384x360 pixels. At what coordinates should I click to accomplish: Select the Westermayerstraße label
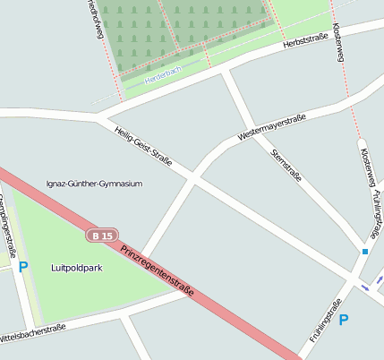pos(272,127)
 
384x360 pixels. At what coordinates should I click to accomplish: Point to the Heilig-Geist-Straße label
pos(143,146)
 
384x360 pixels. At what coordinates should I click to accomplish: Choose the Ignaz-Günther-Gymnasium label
pos(94,184)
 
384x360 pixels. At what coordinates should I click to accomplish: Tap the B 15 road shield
pos(101,236)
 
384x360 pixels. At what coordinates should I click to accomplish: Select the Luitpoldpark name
pos(73,267)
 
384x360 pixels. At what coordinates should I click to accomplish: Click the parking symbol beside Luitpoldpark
pos(23,266)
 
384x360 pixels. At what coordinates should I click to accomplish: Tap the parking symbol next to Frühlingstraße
pos(343,320)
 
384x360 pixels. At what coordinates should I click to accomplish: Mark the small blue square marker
pos(365,253)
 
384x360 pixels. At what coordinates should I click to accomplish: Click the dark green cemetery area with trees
pos(179,22)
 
